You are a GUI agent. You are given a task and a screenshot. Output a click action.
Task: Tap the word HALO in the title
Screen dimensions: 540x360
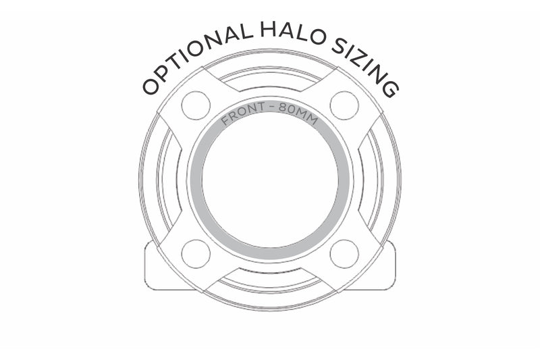(x=293, y=33)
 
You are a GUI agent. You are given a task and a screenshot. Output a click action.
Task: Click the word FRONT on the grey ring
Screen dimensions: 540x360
(x=244, y=113)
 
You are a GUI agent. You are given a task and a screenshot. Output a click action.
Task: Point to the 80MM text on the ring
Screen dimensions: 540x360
(x=298, y=113)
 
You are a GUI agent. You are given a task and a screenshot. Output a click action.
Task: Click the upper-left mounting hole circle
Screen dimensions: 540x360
(x=196, y=105)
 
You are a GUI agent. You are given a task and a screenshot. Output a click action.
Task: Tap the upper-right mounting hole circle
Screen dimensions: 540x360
(x=344, y=105)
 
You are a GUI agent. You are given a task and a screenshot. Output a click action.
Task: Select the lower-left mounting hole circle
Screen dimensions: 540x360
(x=196, y=254)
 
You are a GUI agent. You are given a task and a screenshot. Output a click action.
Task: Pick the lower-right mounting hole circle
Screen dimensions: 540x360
(x=344, y=254)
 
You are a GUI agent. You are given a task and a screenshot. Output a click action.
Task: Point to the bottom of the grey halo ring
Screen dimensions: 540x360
(x=270, y=254)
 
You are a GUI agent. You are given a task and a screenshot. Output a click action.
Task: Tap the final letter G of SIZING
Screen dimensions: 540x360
(x=391, y=89)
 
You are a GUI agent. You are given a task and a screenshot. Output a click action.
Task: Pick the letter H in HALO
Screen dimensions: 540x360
(x=268, y=30)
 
